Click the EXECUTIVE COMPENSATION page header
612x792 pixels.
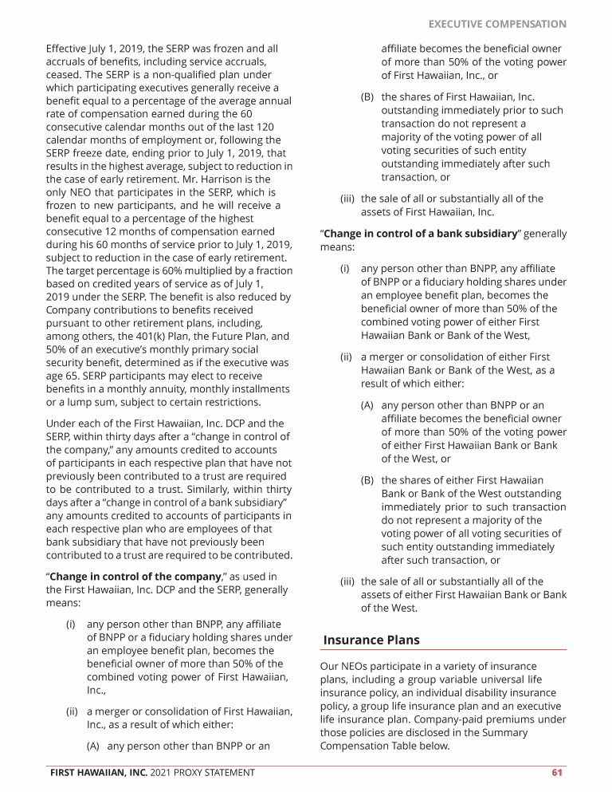coord(497,25)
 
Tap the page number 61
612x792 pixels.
coord(557,772)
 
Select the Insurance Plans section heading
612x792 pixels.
coord(371,640)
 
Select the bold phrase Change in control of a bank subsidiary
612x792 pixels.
coord(420,234)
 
